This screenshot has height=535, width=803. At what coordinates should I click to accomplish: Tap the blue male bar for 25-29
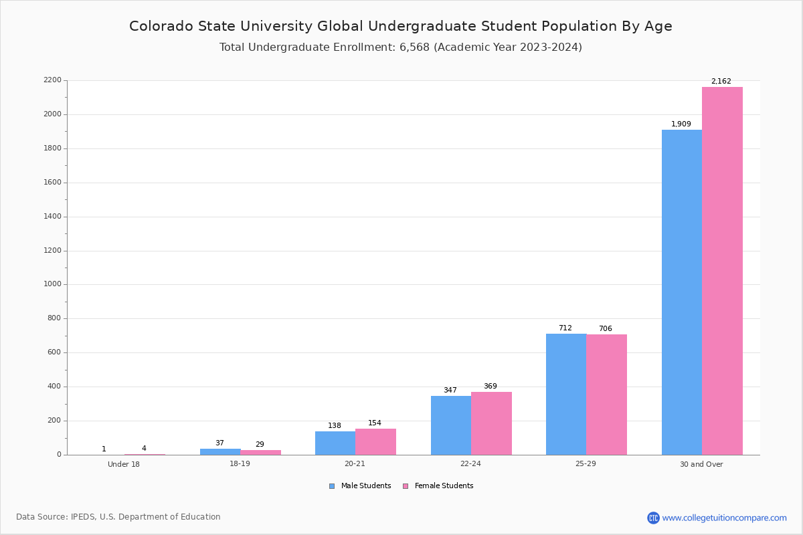(566, 394)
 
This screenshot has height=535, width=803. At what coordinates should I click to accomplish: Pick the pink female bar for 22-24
(491, 423)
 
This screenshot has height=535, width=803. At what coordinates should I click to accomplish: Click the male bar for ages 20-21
(335, 443)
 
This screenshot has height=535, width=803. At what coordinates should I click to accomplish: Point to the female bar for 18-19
(260, 452)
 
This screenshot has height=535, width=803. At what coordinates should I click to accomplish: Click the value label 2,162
(721, 82)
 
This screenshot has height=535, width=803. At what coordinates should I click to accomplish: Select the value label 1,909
(681, 124)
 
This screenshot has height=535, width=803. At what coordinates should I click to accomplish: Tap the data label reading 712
(565, 328)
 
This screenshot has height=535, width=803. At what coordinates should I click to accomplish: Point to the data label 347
(450, 391)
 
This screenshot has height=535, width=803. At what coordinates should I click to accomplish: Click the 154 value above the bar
(375, 423)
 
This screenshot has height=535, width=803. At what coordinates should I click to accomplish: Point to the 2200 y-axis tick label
(52, 80)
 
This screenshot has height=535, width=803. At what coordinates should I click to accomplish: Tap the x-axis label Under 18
(124, 464)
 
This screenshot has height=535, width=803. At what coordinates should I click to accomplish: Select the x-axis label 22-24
(470, 464)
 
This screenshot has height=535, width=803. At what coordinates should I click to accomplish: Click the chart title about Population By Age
(401, 26)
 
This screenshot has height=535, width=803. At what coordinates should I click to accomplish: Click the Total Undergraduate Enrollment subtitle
(401, 47)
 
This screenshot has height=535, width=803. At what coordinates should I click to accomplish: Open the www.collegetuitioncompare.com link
(724, 518)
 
